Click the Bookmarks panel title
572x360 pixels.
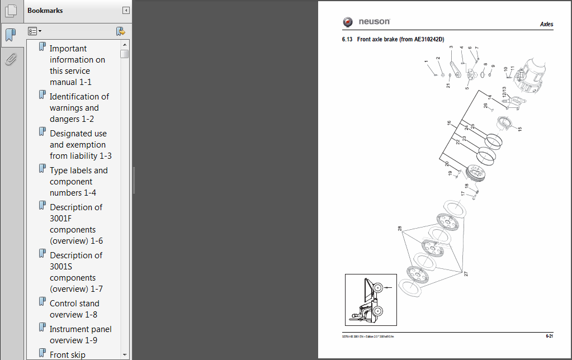click(x=45, y=11)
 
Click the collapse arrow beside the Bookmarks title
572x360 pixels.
click(x=126, y=11)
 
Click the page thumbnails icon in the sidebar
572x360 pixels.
click(x=11, y=11)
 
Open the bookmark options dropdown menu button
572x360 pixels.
click(x=35, y=31)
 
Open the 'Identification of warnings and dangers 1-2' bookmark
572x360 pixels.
click(x=79, y=108)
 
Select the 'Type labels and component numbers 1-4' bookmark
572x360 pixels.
click(x=78, y=182)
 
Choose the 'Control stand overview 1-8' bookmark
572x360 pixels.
click(x=74, y=309)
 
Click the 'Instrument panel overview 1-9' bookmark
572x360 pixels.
click(x=81, y=335)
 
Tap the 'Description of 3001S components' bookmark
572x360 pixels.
click(x=75, y=272)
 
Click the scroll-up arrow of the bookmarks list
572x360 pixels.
click(x=124, y=44)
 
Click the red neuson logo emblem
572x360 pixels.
click(x=348, y=22)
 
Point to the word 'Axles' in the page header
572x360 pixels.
click(x=546, y=25)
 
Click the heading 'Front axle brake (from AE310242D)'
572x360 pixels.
click(x=400, y=40)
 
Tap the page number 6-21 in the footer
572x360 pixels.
click(x=549, y=336)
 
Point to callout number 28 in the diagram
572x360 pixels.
click(x=400, y=229)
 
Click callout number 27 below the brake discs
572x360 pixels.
click(x=465, y=274)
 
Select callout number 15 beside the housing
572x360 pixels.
click(x=519, y=129)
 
